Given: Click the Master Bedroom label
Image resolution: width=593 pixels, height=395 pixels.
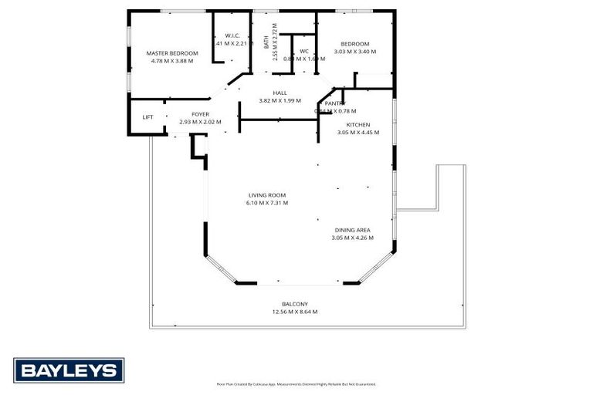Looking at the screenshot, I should point(172,52).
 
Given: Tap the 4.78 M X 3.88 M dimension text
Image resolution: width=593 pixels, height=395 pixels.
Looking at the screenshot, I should point(172,60).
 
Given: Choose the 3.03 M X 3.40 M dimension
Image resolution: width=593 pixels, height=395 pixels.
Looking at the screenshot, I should point(355,52).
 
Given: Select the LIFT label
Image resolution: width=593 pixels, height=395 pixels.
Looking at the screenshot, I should point(147,117).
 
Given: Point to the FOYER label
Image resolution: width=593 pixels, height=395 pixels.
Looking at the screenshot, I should point(200,114).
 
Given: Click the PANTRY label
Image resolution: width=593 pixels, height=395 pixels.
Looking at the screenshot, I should point(334,103).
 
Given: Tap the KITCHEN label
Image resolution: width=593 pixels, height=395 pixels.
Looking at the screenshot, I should point(357,124).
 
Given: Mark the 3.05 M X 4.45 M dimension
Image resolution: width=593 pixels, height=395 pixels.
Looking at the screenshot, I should point(357,132).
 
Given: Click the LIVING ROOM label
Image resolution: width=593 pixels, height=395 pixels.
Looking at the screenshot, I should point(267,195).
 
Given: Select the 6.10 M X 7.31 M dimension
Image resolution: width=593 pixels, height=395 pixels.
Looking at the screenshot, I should point(267,203).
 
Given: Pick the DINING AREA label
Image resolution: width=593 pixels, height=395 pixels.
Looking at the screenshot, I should point(352,230).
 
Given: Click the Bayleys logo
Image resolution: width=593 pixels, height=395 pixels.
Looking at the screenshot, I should point(69,370).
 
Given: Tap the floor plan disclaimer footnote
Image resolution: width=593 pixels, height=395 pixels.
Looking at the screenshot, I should point(296,383).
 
